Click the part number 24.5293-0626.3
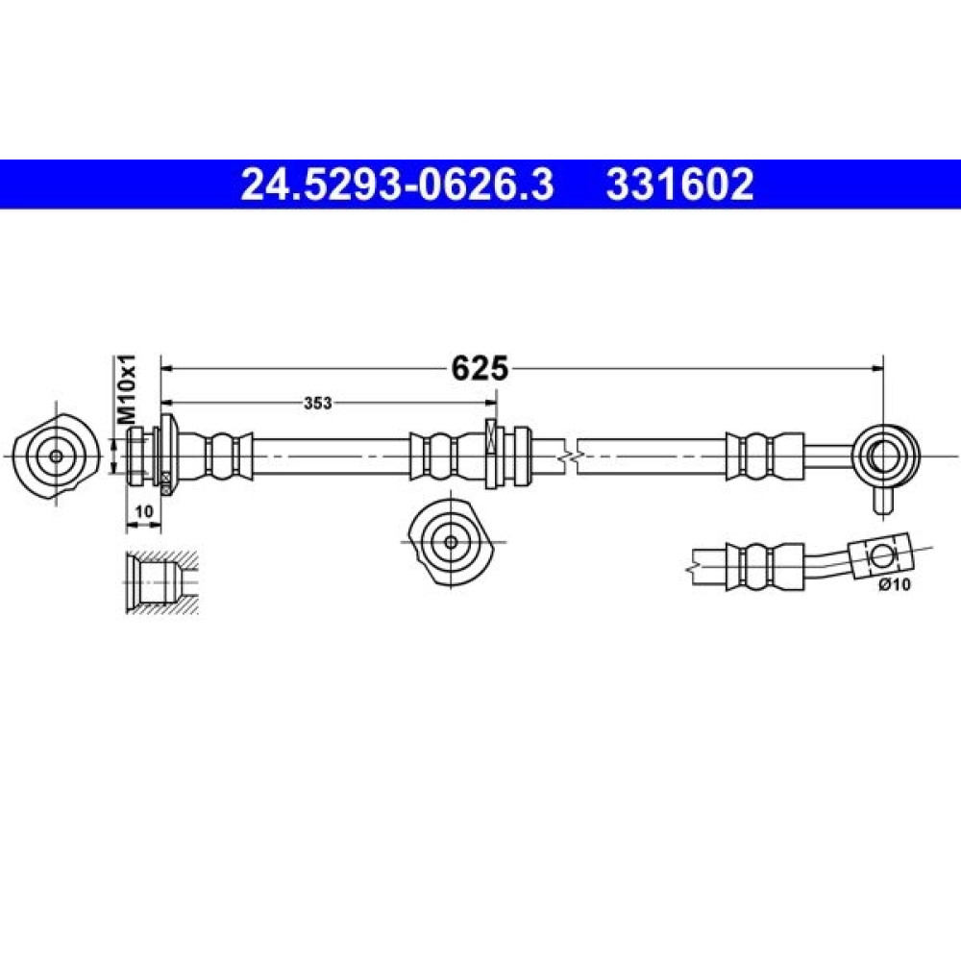point(397,185)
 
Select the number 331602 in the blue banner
point(679,185)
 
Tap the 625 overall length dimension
point(480,368)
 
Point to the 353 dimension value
point(317,403)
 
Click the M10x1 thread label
point(127,390)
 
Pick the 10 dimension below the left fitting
point(143,510)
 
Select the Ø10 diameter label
point(895,584)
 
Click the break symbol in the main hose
point(570,456)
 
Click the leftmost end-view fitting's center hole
point(56,456)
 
